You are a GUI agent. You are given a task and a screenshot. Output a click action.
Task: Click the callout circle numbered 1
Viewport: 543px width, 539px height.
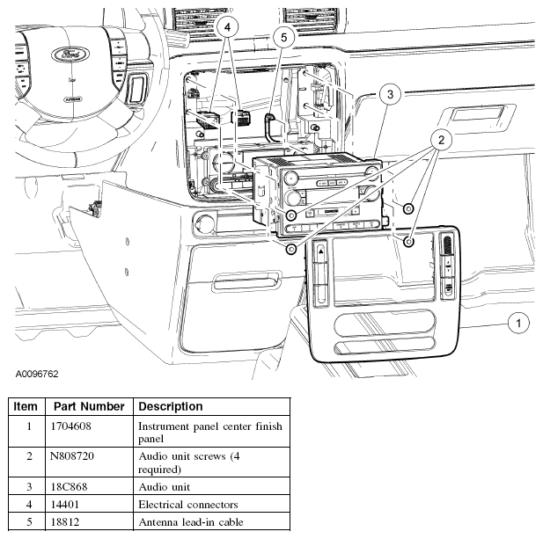pyautogui.click(x=519, y=324)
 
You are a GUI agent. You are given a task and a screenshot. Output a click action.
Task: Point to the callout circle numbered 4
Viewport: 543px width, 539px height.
pyautogui.click(x=227, y=28)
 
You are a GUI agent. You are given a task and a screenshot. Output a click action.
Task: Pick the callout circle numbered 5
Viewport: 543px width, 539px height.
pyautogui.click(x=282, y=36)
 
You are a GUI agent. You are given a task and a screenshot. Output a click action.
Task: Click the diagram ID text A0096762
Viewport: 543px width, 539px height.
pyautogui.click(x=36, y=374)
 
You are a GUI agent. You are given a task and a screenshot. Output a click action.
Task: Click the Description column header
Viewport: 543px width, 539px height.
pyautogui.click(x=171, y=407)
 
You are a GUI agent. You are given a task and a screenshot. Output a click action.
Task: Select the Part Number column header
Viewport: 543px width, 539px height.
pyautogui.click(x=88, y=407)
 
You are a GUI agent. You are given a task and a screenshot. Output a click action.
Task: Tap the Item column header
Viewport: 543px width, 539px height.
pyautogui.click(x=26, y=407)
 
